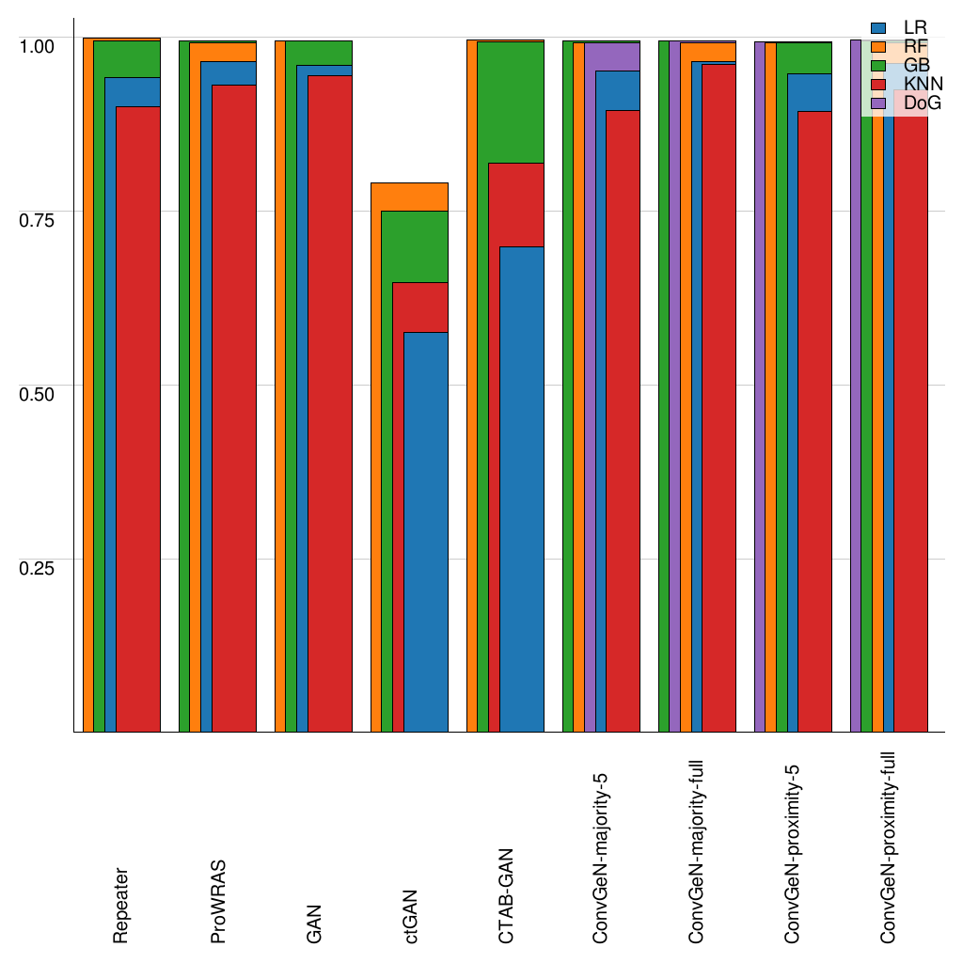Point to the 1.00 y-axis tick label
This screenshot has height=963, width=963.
point(38,44)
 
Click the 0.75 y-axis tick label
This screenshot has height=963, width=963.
point(38,218)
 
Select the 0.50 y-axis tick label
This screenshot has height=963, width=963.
point(38,392)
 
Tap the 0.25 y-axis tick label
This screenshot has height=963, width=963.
point(38,566)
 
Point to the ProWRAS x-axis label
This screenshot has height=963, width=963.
point(218,901)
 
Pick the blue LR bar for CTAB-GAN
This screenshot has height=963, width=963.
point(521,489)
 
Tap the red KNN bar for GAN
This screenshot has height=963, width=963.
point(329,404)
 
